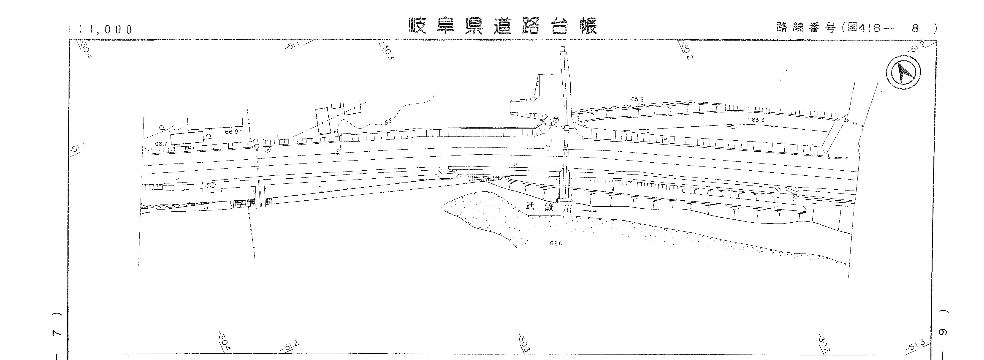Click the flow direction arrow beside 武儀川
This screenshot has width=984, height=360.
(590, 211)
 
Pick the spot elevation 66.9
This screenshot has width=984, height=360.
(231, 132)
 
